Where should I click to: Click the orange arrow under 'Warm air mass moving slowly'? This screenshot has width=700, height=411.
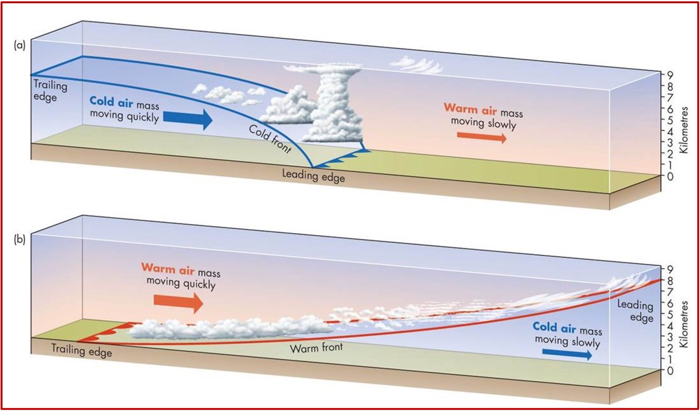pyautogui.click(x=481, y=137)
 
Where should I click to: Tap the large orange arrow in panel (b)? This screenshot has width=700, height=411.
pyautogui.click(x=178, y=301)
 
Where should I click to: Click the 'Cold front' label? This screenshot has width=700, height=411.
pyautogui.click(x=270, y=138)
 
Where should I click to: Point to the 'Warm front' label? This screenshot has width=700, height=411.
pyautogui.click(x=316, y=347)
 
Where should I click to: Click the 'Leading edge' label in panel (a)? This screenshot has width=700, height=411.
pyautogui.click(x=313, y=176)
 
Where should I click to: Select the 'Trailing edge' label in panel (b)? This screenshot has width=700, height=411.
pyautogui.click(x=81, y=350)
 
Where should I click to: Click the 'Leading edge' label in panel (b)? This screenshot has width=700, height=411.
pyautogui.click(x=635, y=310)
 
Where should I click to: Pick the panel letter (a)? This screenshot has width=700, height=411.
pyautogui.click(x=20, y=46)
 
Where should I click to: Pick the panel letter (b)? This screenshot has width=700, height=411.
pyautogui.click(x=20, y=239)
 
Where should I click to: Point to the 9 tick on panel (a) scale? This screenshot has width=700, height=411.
pyautogui.click(x=670, y=75)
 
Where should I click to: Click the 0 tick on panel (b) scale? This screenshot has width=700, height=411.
pyautogui.click(x=670, y=370)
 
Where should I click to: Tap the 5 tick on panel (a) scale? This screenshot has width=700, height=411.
pyautogui.click(x=670, y=120)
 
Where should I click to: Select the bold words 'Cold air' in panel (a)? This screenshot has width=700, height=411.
pyautogui.click(x=111, y=102)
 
